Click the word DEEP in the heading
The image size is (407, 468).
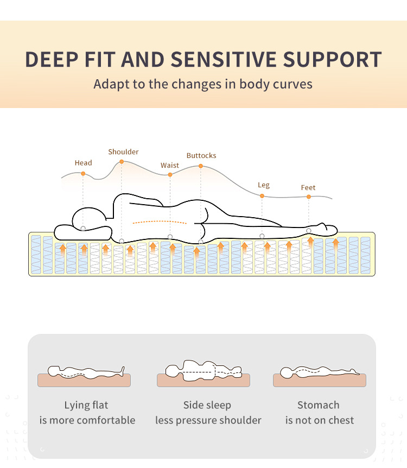[51, 59]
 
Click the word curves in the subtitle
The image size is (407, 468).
[294, 84]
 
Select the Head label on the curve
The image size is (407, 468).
[83, 163]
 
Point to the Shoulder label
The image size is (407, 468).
[123, 152]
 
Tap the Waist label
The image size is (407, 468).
[169, 165]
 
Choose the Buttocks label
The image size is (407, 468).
[201, 156]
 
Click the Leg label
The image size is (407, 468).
[263, 185]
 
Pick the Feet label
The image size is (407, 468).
[308, 188]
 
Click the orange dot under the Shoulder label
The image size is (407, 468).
[122, 162]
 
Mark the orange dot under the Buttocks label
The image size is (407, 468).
[201, 166]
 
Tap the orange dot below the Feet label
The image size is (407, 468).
[309, 197]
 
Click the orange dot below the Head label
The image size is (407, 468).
[83, 174]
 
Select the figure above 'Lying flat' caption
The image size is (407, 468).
[86, 372]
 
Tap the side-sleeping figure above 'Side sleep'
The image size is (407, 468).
[203, 370]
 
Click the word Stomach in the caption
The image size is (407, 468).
[318, 405]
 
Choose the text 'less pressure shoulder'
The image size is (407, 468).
[208, 420]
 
